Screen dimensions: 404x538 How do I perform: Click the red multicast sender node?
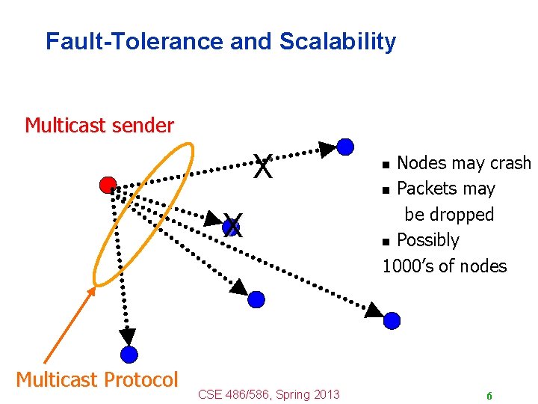coord(108,185)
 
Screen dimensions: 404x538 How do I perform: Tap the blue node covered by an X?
coord(234,225)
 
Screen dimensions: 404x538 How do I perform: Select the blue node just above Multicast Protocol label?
coord(129,355)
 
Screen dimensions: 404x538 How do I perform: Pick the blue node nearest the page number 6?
coord(392,321)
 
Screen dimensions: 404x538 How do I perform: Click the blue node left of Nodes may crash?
coord(345,147)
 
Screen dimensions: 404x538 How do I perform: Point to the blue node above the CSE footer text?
coord(256,300)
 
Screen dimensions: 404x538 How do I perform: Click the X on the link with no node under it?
coord(262,167)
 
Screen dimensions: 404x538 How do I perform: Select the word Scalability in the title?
coord(338,41)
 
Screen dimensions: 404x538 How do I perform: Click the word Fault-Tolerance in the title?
coord(134,41)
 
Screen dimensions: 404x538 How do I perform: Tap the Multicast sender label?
coord(99,125)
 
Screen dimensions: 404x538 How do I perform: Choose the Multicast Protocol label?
coord(97,379)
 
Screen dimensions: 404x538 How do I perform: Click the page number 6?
coord(489,396)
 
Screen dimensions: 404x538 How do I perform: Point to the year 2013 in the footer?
coord(327,394)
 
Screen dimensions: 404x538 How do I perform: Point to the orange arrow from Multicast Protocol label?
coord(69,326)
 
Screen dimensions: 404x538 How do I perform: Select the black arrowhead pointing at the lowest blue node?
coord(129,337)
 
